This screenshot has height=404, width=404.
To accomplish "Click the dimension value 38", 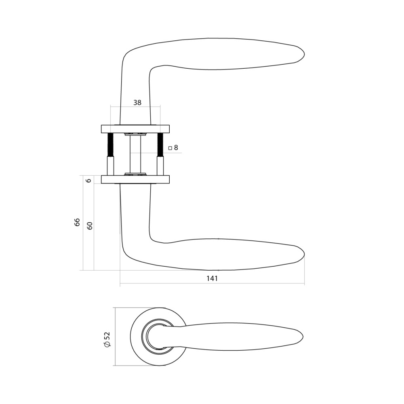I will tap(137, 103).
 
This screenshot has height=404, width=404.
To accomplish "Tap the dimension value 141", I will tap(213, 278).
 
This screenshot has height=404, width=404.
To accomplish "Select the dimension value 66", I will tap(77, 222).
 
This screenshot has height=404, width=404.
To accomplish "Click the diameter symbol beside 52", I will tap(107, 345).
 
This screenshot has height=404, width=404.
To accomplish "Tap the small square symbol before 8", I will tap(170, 148).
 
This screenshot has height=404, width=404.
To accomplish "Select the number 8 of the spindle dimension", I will tap(176, 148).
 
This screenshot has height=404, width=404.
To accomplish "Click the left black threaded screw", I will tap(110, 145).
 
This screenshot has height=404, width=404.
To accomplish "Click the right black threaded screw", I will tap(160, 145).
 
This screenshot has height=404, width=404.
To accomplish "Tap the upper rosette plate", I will tap(135, 129).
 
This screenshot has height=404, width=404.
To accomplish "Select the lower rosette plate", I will tap(135, 179).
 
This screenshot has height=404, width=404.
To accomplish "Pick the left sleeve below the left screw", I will tap(110, 166).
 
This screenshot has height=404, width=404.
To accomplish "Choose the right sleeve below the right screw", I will tap(160, 166).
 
